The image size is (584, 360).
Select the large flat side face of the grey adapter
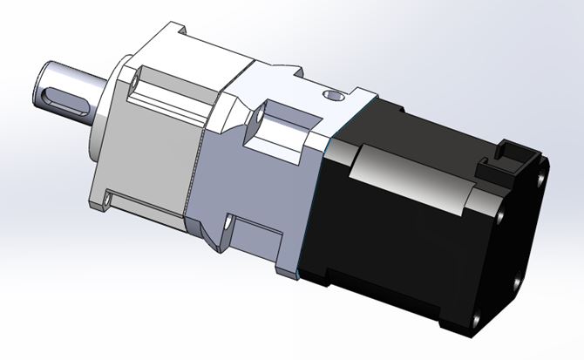click(x=253, y=183)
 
